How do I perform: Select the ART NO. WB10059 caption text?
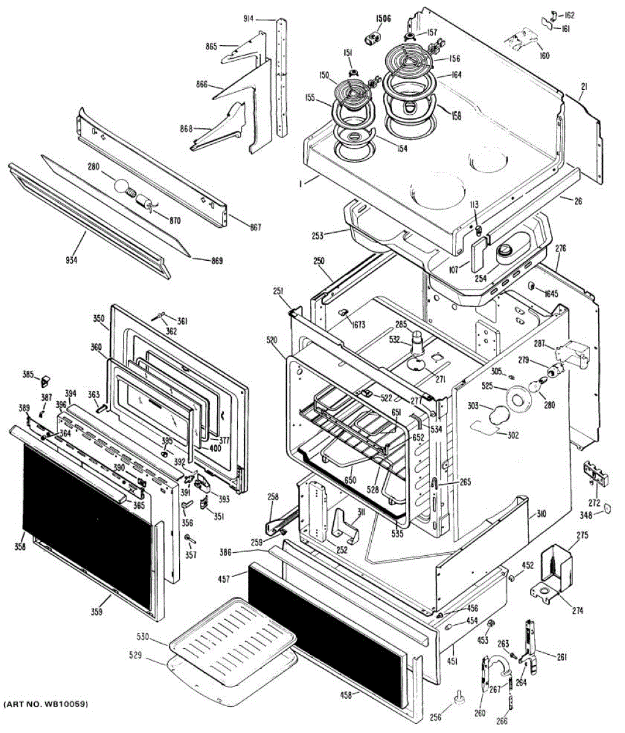click(46, 705)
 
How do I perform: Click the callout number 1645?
click(552, 294)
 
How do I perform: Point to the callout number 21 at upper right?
click(583, 87)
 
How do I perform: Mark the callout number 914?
click(249, 19)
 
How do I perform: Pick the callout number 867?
click(255, 227)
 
